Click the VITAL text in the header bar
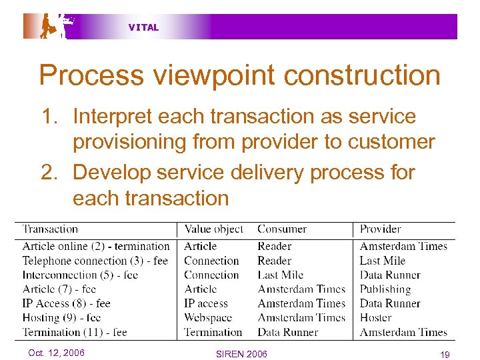[x=143, y=27]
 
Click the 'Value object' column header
[x=214, y=229]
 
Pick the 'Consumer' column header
[x=283, y=229]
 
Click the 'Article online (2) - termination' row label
[x=96, y=246]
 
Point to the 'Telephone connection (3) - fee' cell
[x=95, y=261]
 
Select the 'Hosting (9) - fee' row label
[x=61, y=317]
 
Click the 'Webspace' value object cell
[x=207, y=317]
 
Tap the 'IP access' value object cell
[x=207, y=303]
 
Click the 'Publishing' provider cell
[x=385, y=289]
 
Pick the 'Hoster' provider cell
[x=376, y=317]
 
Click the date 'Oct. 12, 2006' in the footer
[x=56, y=353]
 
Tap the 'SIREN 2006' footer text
[x=241, y=353]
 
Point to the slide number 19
[x=445, y=353]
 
